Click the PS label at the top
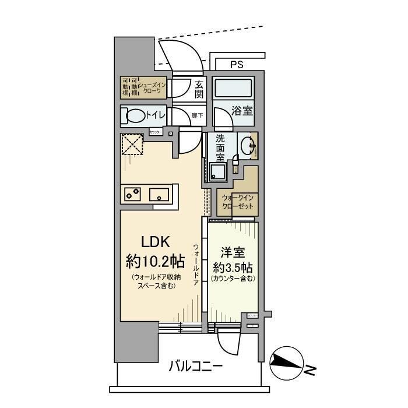tap(237, 65)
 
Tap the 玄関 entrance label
tap(199, 88)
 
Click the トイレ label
tap(156, 115)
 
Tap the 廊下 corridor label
tap(198, 115)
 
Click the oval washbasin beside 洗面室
tap(249, 146)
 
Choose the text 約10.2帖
tap(155, 259)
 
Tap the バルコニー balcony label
tap(196, 367)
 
